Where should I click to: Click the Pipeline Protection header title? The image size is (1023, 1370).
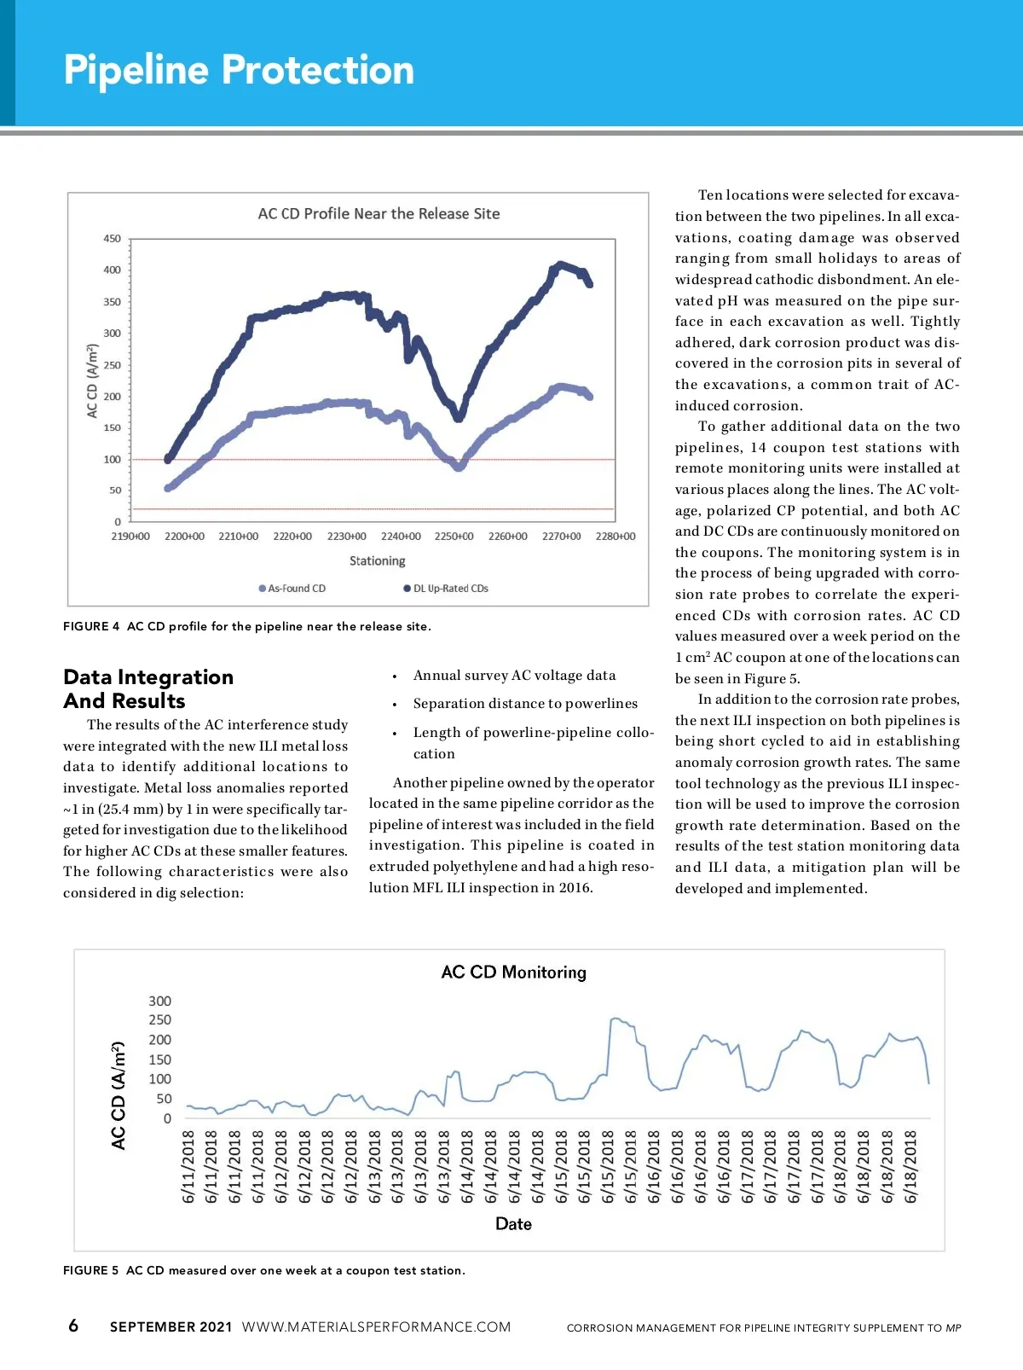point(239,70)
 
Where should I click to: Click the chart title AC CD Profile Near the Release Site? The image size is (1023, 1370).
point(379,213)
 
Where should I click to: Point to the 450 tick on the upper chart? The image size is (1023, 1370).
point(113,239)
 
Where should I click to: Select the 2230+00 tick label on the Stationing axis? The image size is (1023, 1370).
point(346,537)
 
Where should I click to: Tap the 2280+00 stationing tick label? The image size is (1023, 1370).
point(615,537)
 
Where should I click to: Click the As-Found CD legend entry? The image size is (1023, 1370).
point(292,589)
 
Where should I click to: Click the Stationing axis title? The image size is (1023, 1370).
point(377,560)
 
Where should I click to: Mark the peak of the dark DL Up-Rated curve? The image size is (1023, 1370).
point(560,264)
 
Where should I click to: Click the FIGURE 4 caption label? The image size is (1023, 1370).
point(91,626)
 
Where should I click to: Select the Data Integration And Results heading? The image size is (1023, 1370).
point(148,688)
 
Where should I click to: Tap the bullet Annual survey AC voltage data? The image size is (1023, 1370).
point(514,676)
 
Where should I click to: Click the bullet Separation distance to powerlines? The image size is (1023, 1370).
point(525,704)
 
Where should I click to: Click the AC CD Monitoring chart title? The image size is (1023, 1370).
point(513,972)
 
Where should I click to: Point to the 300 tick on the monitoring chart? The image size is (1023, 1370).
point(159,1001)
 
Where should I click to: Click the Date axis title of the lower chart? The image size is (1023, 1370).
point(513,1223)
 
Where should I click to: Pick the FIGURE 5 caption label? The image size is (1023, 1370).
point(90,1270)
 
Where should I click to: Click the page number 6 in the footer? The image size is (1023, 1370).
point(73,1325)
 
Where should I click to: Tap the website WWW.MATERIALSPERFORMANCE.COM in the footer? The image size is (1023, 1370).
point(376,1326)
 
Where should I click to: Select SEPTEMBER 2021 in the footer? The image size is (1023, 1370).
point(170,1326)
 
